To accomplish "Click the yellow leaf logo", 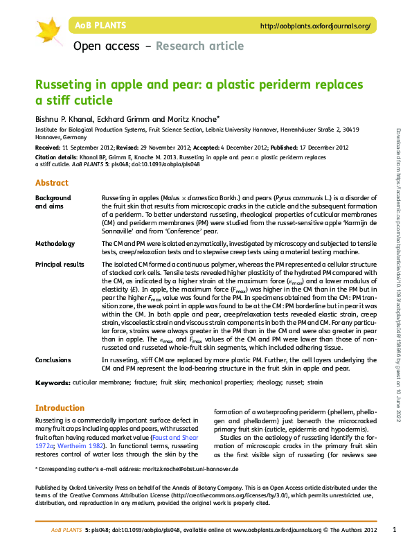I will tap(48, 30).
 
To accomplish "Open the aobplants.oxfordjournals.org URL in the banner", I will tap(314, 26).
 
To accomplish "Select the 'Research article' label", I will tap(199, 46).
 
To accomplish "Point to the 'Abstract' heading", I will tap(52, 183).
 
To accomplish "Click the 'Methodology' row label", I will tap(55, 244).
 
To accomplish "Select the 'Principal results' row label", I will tap(60, 265).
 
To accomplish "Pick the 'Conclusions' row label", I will tap(54, 360).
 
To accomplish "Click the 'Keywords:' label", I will tap(53, 382).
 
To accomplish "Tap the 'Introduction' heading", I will tap(60, 408).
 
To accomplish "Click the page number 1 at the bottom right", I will tap(393, 530).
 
